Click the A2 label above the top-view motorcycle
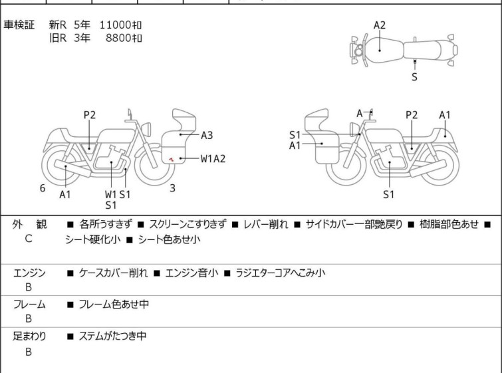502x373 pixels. (380, 25)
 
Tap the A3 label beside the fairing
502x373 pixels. (207, 135)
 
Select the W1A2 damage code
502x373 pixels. (213, 158)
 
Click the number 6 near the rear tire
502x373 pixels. (43, 188)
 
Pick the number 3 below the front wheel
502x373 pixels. (172, 188)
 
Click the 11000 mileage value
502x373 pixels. (115, 25)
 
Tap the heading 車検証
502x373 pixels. (19, 25)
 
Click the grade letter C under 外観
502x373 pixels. (28, 238)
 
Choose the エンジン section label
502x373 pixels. (29, 273)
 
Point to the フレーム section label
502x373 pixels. (29, 305)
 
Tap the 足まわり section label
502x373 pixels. (29, 336)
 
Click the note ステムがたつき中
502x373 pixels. (112, 336)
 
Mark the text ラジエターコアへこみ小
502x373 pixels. (280, 273)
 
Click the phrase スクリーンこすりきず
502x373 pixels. (188, 225)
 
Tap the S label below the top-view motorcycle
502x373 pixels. (414, 77)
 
